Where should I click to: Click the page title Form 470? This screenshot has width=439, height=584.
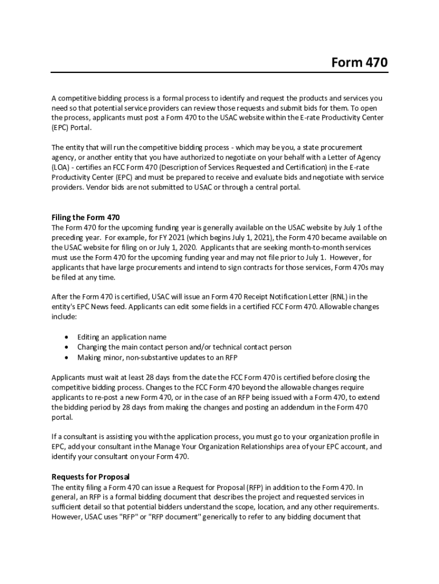359,62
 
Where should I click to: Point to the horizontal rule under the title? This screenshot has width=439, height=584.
219,72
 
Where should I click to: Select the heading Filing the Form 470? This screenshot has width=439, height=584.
86,217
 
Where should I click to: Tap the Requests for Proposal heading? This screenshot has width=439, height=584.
91,477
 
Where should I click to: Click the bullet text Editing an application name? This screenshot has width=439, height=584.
122,337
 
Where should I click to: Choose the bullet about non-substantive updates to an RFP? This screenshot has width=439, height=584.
157,358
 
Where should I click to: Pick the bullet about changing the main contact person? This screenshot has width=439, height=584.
184,347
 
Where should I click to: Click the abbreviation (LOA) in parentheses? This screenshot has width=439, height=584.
61,167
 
